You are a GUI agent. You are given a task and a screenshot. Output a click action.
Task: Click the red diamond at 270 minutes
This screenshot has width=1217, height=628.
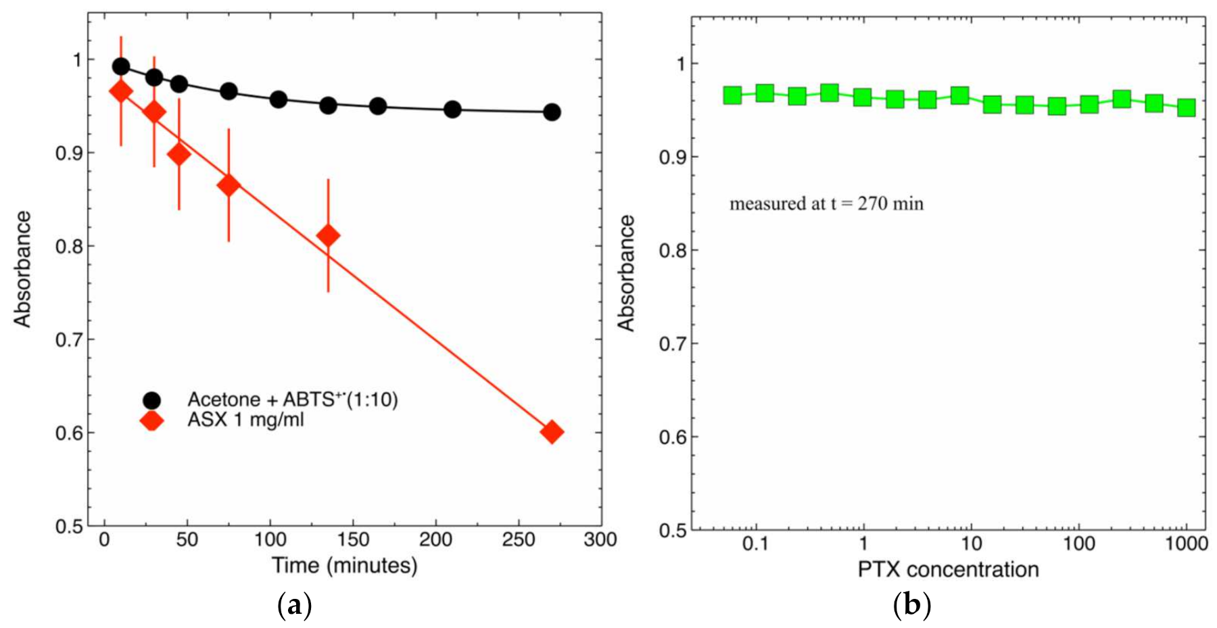[552, 432]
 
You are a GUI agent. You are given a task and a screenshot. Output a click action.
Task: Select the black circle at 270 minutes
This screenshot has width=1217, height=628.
[552, 112]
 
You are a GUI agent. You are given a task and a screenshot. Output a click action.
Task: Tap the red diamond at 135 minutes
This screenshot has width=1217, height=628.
[328, 236]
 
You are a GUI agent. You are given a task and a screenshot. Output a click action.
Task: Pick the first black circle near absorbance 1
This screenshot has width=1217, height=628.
[121, 66]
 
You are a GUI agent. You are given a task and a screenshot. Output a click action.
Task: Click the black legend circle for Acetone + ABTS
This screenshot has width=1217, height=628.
[151, 400]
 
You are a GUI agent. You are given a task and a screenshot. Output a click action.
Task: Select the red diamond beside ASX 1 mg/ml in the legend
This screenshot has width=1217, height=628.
[151, 420]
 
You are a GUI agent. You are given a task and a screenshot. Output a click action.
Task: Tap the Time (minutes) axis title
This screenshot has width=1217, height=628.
[344, 565]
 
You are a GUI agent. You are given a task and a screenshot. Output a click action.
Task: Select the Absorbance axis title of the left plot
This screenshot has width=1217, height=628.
[23, 269]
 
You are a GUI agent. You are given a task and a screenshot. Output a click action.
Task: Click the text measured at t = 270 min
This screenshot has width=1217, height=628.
[826, 203]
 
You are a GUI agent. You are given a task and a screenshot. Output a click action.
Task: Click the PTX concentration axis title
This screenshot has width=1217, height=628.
[948, 570]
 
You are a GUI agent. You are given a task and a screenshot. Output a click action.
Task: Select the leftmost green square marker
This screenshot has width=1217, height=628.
[732, 95]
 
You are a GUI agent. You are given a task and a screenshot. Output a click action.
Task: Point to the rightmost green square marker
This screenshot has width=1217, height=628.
[1187, 107]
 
